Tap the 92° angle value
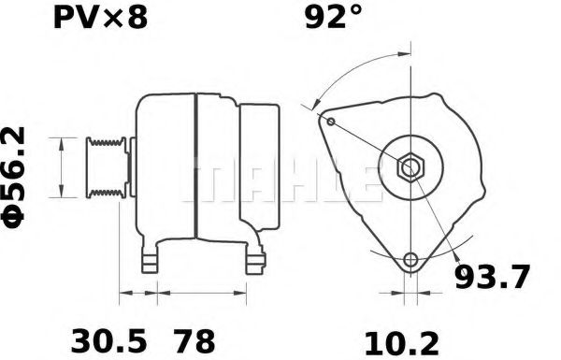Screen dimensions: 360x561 [x=332, y=18]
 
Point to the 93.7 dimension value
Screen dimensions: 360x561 [x=492, y=278]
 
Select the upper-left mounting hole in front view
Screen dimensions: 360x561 [x=331, y=120]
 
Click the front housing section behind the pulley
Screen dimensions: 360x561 [x=164, y=168]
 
